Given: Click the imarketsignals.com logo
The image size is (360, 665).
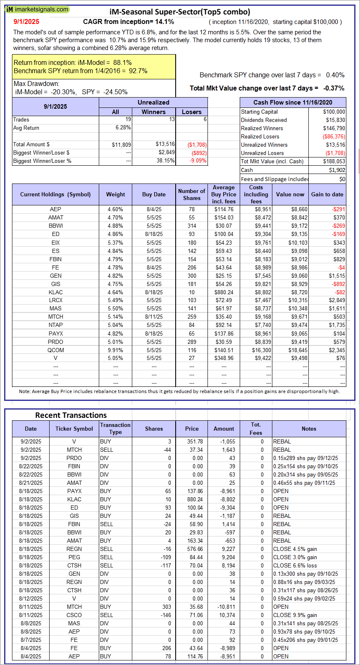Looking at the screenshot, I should click(x=37, y=9).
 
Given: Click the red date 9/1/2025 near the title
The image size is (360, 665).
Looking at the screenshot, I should click(x=26, y=21).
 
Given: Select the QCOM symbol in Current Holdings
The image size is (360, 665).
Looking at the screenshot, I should click(x=56, y=350).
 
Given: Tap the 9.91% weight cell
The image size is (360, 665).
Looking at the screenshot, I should click(x=115, y=350).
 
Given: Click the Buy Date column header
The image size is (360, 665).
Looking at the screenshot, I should click(x=154, y=194).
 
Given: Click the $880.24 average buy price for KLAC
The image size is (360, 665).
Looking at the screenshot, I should click(x=224, y=292).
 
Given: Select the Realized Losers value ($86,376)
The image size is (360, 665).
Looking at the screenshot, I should click(x=334, y=136).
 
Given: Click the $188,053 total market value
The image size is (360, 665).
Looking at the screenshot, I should click(x=334, y=161).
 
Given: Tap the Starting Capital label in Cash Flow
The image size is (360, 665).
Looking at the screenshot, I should click(x=260, y=112).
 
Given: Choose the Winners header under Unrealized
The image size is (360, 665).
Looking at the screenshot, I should click(x=153, y=112).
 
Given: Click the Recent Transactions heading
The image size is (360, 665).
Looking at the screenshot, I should click(x=71, y=415).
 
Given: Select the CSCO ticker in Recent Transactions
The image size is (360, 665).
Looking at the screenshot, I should click(x=74, y=615).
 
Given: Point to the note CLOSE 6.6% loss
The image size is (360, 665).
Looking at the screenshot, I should click(x=295, y=565).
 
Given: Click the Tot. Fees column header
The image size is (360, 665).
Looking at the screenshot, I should click(x=256, y=429).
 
